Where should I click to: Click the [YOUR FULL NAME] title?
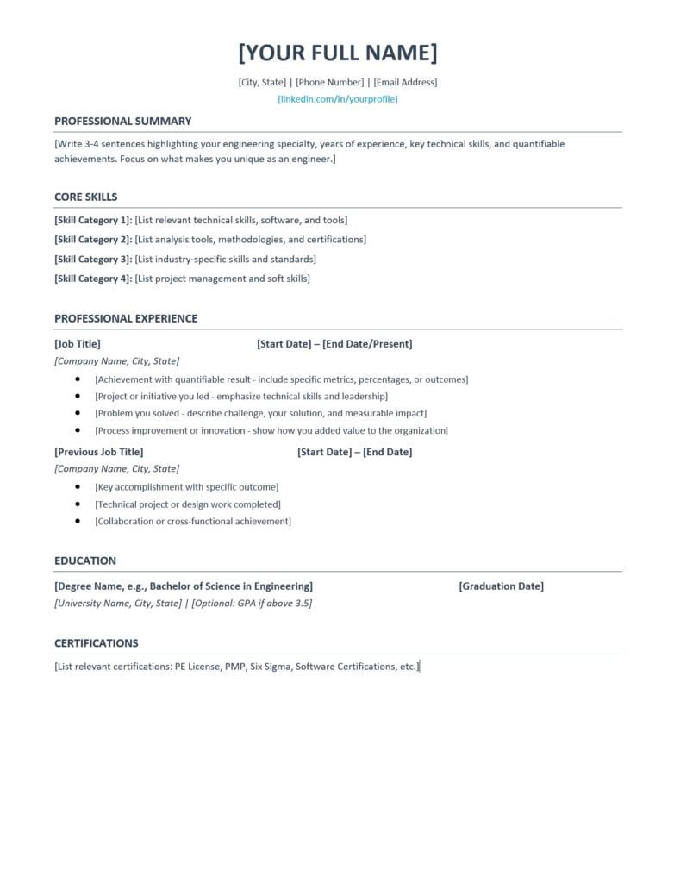point(337,53)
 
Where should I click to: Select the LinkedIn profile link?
point(337,99)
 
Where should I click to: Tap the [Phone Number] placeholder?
point(332,83)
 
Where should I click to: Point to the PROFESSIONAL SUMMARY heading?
point(122,122)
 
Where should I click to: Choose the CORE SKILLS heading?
point(85,197)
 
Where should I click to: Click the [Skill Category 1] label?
point(93,220)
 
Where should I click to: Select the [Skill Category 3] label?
point(93,259)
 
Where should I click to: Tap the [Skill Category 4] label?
point(93,279)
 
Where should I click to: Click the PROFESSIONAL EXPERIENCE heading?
point(126,318)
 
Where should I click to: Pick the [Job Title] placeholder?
point(78,344)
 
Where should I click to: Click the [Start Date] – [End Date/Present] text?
point(334,344)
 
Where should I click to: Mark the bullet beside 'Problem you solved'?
point(78,413)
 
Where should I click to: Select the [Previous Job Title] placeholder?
point(99,452)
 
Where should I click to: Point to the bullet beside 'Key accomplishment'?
point(78,487)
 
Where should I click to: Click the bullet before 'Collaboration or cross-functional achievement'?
point(78,522)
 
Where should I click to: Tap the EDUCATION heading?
point(85,560)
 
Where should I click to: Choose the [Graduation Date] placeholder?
point(501,586)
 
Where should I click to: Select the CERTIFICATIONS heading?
point(96,643)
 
